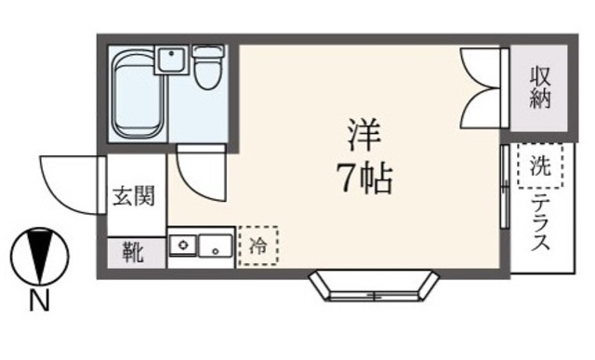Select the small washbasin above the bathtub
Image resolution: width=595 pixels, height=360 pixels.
coord(171,61)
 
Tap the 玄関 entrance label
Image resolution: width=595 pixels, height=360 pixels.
coord(135,197)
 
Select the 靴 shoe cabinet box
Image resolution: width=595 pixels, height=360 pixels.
coord(133,252)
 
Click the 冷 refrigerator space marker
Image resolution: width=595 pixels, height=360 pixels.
coord(258,247)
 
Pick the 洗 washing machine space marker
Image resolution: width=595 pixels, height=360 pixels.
coord(540,167)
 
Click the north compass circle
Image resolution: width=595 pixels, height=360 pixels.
coord(38,255)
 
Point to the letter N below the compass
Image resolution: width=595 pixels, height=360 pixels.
coord(38,300)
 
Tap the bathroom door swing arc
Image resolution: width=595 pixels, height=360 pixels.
coord(199,174)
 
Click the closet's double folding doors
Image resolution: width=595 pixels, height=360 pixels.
coord(483,88)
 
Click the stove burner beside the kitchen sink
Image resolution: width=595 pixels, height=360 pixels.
coord(184,247)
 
